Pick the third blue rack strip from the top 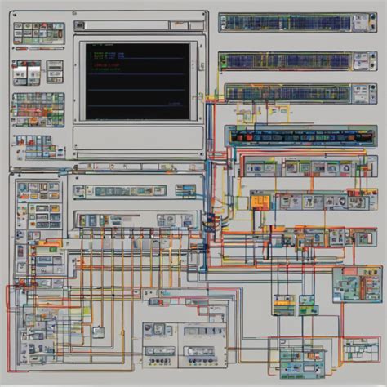click(x=286, y=93)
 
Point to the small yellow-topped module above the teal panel click(x=284, y=304)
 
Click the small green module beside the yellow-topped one click(x=309, y=304)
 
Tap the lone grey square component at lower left click(x=97, y=331)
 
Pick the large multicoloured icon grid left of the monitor click(x=38, y=107)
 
